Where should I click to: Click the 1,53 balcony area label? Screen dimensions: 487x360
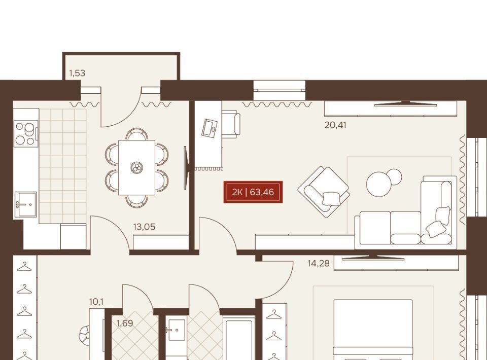point(77,73)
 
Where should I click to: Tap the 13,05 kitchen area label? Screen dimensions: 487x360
point(144,227)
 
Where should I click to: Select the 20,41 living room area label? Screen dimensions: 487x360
point(335,125)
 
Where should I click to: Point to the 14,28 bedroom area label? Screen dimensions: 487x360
point(319,264)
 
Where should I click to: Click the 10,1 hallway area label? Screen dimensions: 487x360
point(96,301)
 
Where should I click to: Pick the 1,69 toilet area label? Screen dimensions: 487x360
point(125,323)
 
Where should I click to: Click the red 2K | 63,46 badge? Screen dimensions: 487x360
point(253,192)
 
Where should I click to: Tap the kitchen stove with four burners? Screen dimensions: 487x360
point(26,134)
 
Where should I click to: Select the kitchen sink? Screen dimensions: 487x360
point(25,204)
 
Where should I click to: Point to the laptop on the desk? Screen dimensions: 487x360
point(210,128)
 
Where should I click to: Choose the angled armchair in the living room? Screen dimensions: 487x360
point(324,192)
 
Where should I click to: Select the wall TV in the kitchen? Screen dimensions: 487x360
point(186,168)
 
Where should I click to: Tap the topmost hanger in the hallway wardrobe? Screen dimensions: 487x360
point(24,266)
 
